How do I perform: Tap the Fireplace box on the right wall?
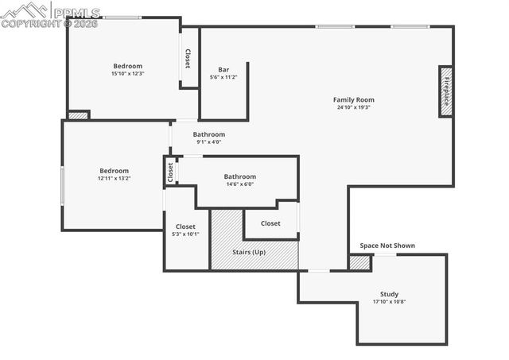coord(446,92)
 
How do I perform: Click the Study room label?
coord(389,294)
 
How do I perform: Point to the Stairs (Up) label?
coord(249,252)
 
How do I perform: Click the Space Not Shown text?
coord(387,246)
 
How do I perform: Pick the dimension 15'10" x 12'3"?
coord(127,74)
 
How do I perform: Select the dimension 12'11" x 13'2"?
coord(114,179)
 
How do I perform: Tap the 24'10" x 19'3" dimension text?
coord(354,107)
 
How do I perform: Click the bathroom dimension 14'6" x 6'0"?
coord(239,184)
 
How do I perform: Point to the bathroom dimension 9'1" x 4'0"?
coord(208,142)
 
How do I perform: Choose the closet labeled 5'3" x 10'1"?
coord(185,234)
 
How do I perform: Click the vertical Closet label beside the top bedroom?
coord(188,58)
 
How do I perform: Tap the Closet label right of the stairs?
coord(270,223)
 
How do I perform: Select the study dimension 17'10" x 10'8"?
coord(389,302)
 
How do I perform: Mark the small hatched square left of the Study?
coord(359,262)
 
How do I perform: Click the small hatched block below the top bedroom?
coord(77,115)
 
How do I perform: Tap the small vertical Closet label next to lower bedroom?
coord(170,172)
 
